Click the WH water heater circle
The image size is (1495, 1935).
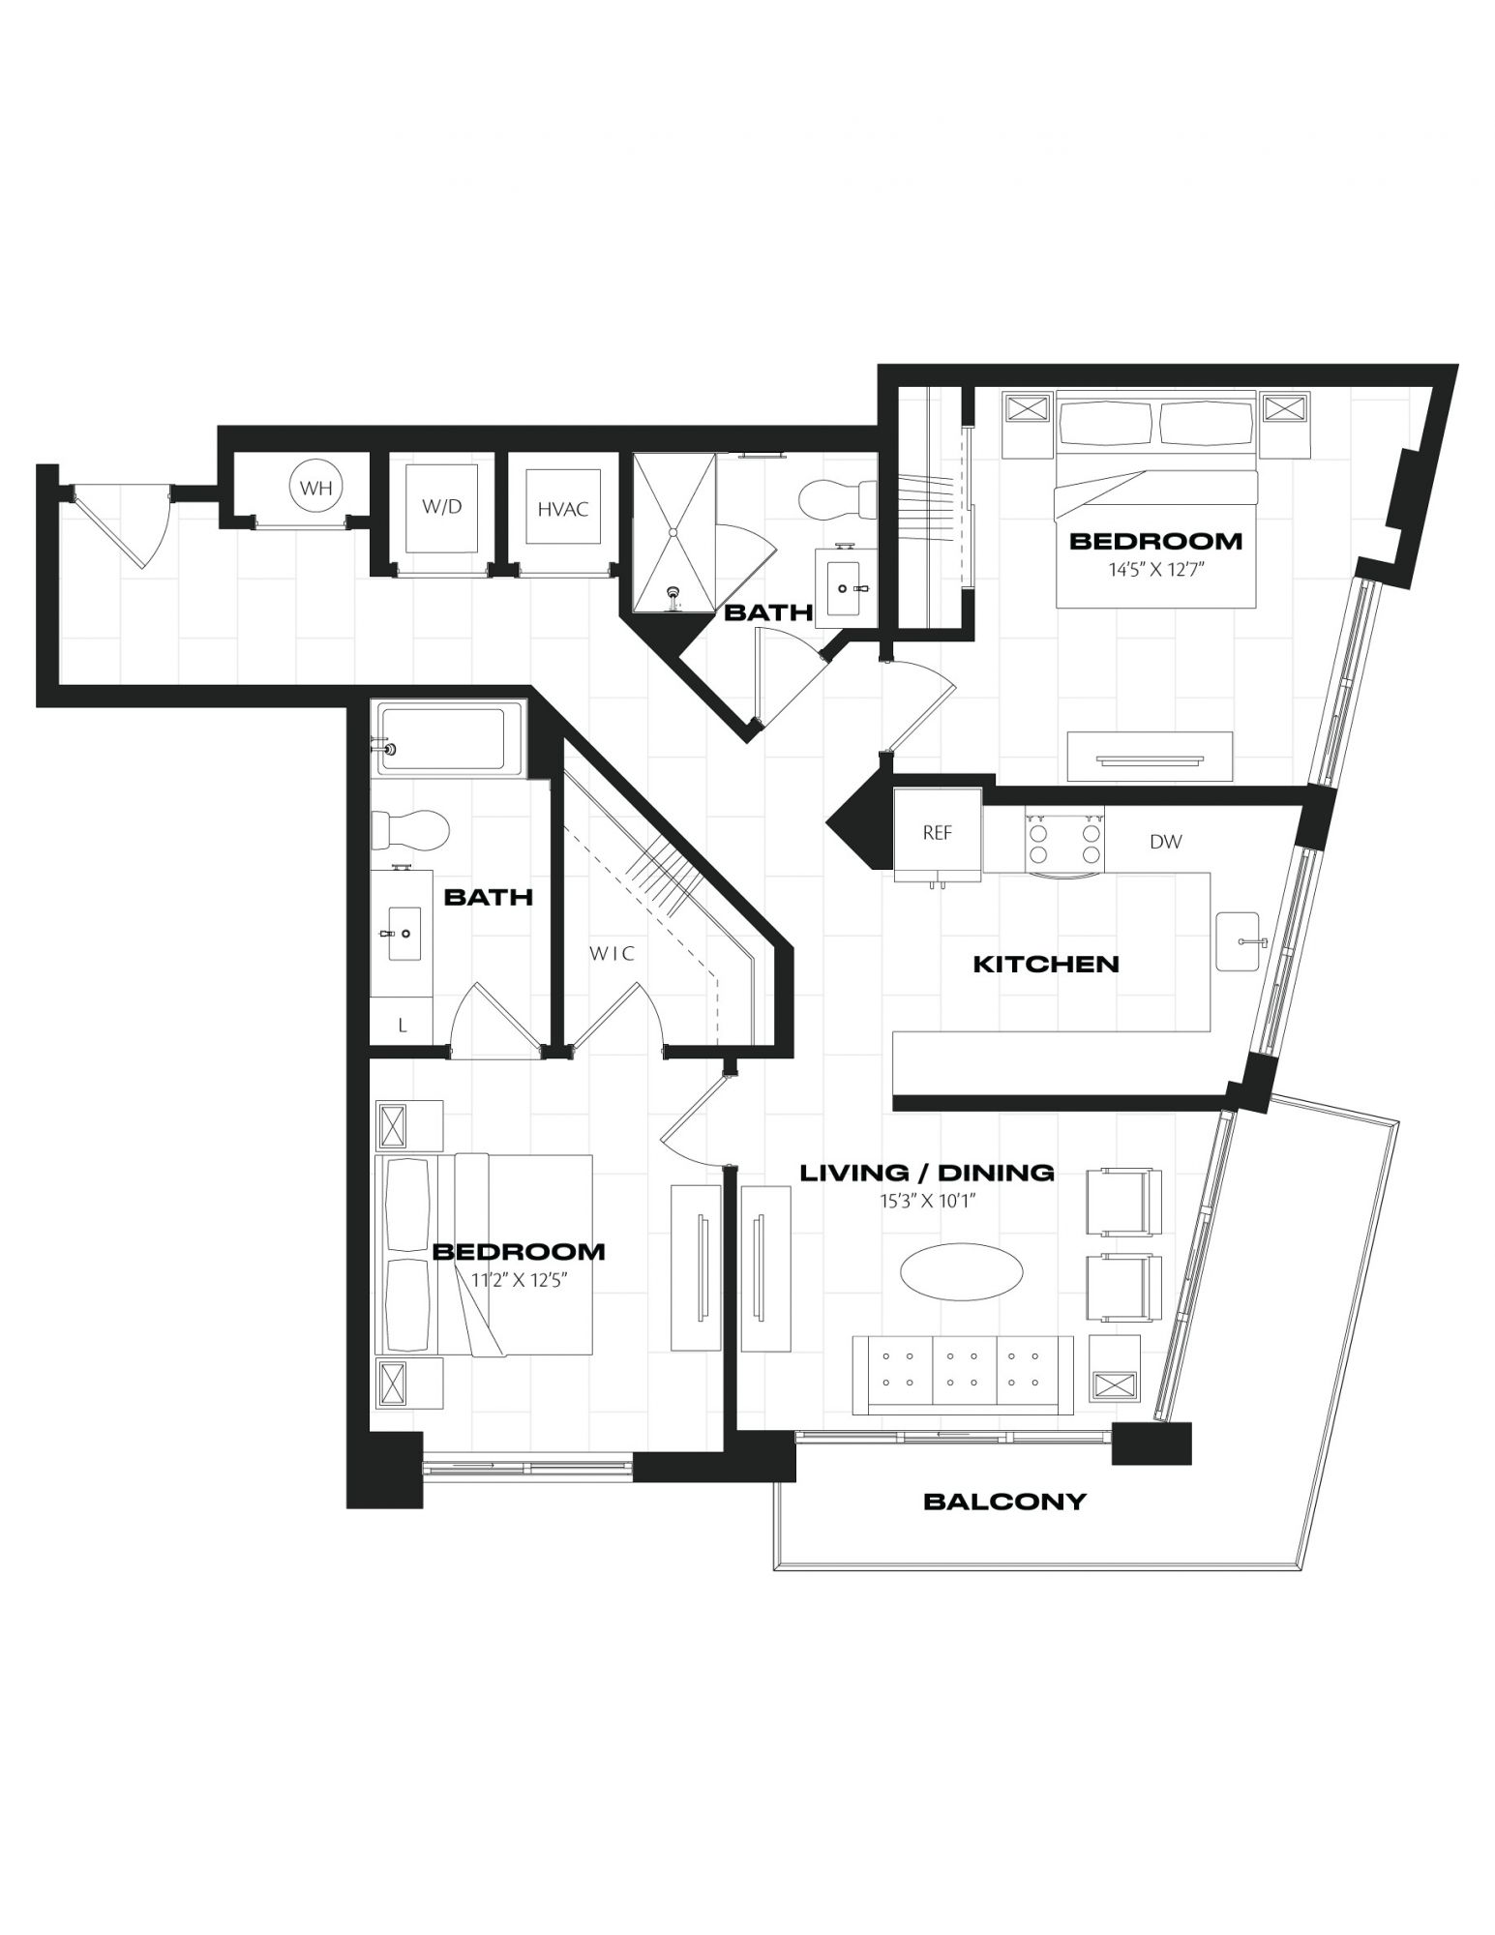tap(316, 488)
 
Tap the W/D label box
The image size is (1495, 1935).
tap(442, 507)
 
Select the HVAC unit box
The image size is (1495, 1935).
tap(562, 507)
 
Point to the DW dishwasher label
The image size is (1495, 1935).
tap(1165, 842)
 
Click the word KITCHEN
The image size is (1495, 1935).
tap(1045, 964)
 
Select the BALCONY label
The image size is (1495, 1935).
tap(1004, 1502)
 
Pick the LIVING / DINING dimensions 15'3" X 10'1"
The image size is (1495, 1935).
tap(927, 1202)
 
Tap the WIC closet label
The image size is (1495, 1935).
tap(613, 954)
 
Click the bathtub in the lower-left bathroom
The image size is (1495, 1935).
tap(450, 739)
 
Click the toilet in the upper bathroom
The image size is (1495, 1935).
tap(838, 501)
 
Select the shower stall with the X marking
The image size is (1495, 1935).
tap(674, 533)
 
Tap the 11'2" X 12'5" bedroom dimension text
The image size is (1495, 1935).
tap(518, 1281)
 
